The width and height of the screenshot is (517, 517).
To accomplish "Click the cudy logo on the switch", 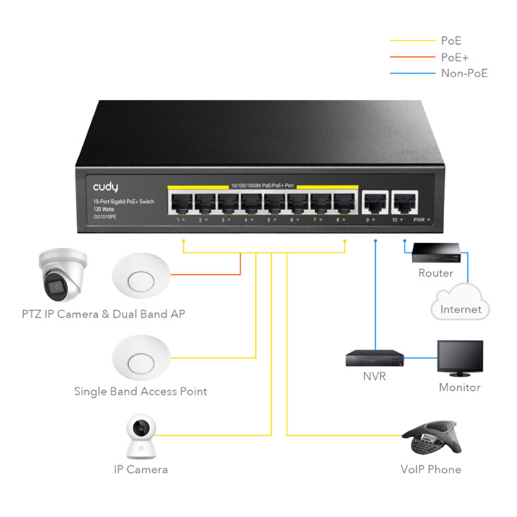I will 106,187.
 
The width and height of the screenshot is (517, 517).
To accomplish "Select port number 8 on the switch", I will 344,202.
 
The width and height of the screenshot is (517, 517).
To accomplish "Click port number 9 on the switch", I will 371,202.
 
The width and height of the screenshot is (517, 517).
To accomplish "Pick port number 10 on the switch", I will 404,202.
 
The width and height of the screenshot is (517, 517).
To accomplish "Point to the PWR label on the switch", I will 419,220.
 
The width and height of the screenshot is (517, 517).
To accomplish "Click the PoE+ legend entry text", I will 454,57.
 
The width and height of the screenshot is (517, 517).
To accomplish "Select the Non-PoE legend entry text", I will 464,73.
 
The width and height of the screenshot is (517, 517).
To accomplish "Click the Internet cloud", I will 460,303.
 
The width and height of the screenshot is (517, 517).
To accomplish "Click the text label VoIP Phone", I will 430,469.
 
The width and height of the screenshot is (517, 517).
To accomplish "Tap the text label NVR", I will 374,377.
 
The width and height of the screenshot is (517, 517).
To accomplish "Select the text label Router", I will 435,273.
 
